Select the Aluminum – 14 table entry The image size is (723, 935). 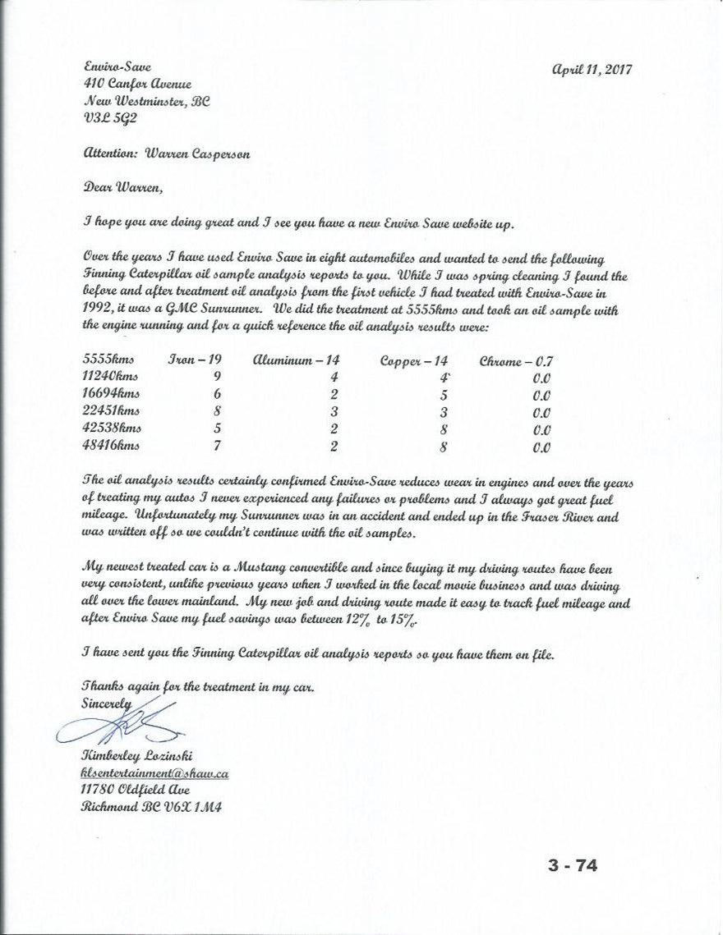click(x=296, y=360)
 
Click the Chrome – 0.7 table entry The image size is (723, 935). click(x=516, y=360)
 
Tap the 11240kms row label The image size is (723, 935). click(x=111, y=377)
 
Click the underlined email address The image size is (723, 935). click(x=154, y=773)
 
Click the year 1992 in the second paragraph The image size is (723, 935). click(x=97, y=311)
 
